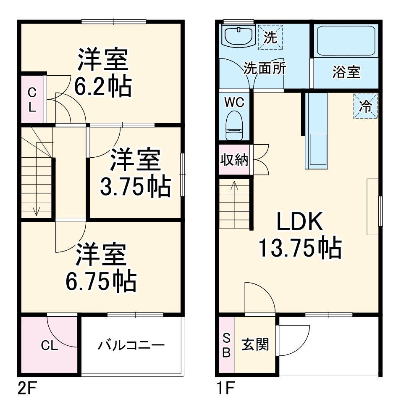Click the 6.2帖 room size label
(102, 86)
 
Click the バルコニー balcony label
(131, 346)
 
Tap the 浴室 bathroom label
(346, 72)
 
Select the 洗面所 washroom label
(265, 68)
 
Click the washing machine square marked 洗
(270, 37)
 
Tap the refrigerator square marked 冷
(365, 105)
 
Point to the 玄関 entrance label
(255, 345)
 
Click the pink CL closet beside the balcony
(49, 346)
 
